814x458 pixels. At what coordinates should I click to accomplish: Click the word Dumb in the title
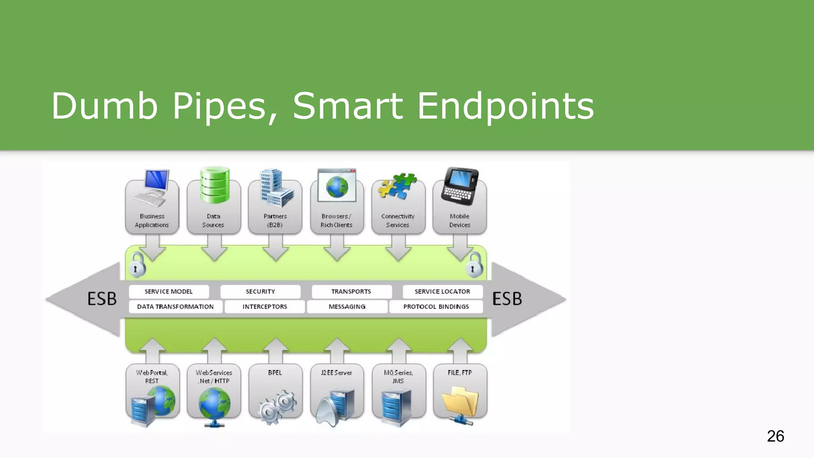105,106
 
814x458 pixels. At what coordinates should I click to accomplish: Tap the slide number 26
775,436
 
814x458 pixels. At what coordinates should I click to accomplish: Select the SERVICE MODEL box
169,291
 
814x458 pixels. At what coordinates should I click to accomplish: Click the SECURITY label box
260,291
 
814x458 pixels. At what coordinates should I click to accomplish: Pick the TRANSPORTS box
351,291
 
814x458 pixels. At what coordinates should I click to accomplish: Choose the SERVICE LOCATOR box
442,291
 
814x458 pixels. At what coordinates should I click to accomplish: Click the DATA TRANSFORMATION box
175,307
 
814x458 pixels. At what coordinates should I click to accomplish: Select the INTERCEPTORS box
265,307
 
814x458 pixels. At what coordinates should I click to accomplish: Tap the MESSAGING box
347,307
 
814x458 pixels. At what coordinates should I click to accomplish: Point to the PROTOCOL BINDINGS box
436,307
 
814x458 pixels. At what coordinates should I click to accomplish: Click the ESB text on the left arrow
102,299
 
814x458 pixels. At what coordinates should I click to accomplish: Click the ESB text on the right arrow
507,299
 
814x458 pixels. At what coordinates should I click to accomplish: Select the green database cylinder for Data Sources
215,185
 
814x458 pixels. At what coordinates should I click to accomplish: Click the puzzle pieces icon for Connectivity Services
397,186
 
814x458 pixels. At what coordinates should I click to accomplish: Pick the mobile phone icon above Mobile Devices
460,186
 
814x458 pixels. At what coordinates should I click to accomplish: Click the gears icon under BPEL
277,406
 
